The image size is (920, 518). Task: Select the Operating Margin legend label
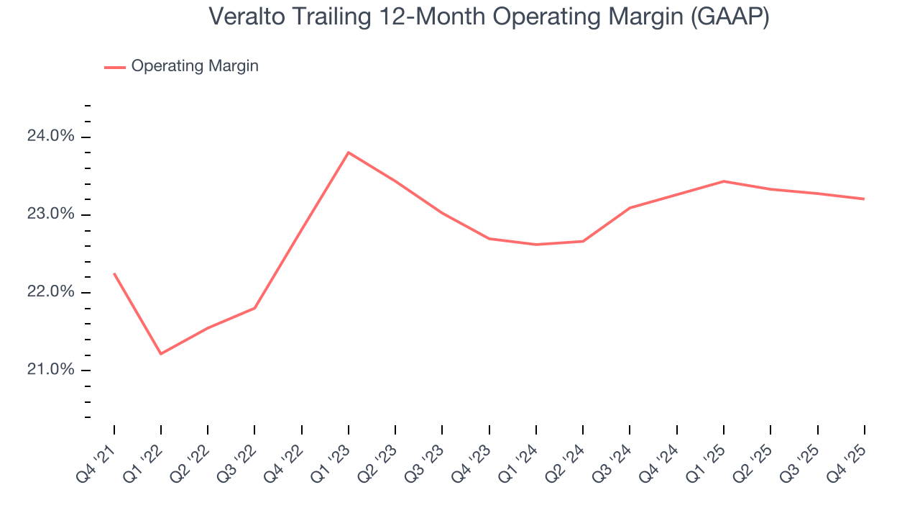195,66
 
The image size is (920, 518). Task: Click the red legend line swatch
115,67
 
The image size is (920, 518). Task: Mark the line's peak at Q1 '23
349,153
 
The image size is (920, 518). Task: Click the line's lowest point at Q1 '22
160,354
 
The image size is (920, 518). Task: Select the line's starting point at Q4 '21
114,273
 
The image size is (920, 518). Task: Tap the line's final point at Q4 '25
864,199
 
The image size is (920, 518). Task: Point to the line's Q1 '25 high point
723,181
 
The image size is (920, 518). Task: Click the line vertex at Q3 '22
254,308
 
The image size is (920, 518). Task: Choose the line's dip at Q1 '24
536,245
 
